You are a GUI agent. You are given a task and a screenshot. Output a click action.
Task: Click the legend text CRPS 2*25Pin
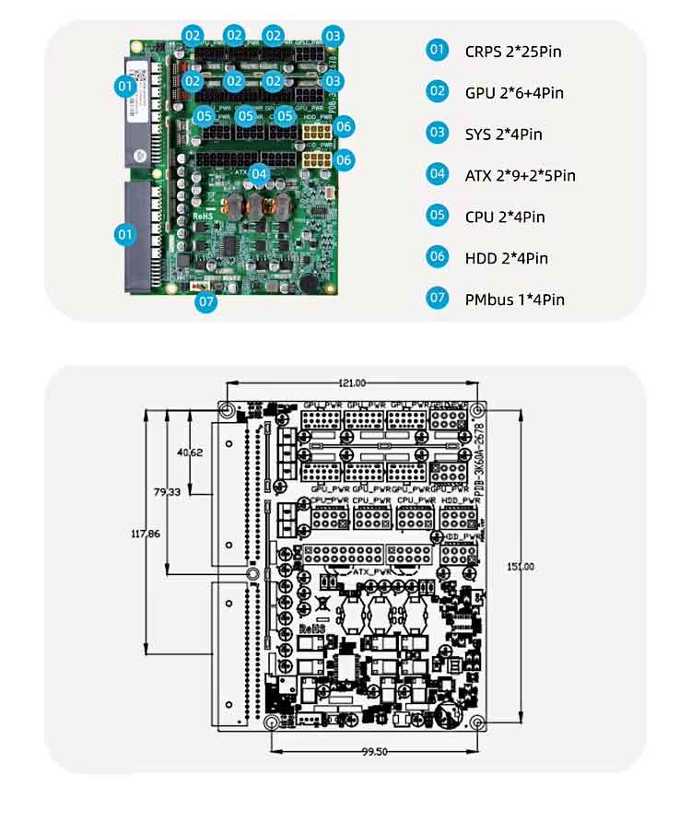[513, 51]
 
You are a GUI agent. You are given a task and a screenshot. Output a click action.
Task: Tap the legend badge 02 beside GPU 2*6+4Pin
[437, 91]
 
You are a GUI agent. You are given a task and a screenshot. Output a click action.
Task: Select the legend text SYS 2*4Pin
[503, 135]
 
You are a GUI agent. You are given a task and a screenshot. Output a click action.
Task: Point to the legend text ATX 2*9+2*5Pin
[521, 175]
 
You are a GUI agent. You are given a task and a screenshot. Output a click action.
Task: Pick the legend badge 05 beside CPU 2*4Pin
[437, 216]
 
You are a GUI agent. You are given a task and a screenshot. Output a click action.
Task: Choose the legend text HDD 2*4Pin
[506, 258]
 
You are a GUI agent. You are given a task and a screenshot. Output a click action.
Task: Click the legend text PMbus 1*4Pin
[515, 300]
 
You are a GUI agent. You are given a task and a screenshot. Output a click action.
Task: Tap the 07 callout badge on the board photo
[206, 300]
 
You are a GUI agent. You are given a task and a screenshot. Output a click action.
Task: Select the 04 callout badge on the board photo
[259, 172]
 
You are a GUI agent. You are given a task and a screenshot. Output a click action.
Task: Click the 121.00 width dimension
[352, 382]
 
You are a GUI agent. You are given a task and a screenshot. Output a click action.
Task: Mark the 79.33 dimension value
[168, 493]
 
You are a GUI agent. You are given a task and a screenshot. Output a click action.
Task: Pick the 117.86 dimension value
[146, 533]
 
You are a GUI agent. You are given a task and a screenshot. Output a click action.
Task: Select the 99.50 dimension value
[374, 752]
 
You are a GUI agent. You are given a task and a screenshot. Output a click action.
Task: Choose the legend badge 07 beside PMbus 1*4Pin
[437, 299]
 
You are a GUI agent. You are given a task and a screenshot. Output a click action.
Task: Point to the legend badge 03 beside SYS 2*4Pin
[437, 133]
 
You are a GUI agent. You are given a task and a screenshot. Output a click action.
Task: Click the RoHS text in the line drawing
[312, 628]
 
